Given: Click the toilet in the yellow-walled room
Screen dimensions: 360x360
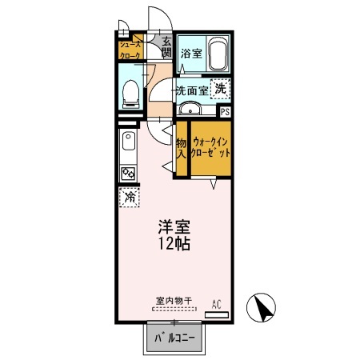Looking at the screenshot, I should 131,94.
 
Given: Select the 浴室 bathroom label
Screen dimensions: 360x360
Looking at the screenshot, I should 190,54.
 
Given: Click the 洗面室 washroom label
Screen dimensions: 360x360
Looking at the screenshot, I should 191,90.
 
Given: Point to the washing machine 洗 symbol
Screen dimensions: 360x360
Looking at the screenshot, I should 219,89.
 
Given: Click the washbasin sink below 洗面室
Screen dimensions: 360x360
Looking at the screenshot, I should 191,109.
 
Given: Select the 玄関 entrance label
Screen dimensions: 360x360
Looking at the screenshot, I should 166,47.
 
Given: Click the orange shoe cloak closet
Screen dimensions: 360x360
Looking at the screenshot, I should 130,50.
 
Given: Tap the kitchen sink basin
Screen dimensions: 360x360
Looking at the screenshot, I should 127,146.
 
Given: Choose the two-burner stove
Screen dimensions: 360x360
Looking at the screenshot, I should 127,172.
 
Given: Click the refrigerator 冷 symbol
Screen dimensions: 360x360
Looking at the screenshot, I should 127,196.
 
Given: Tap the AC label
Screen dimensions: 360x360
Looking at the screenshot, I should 216,302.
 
